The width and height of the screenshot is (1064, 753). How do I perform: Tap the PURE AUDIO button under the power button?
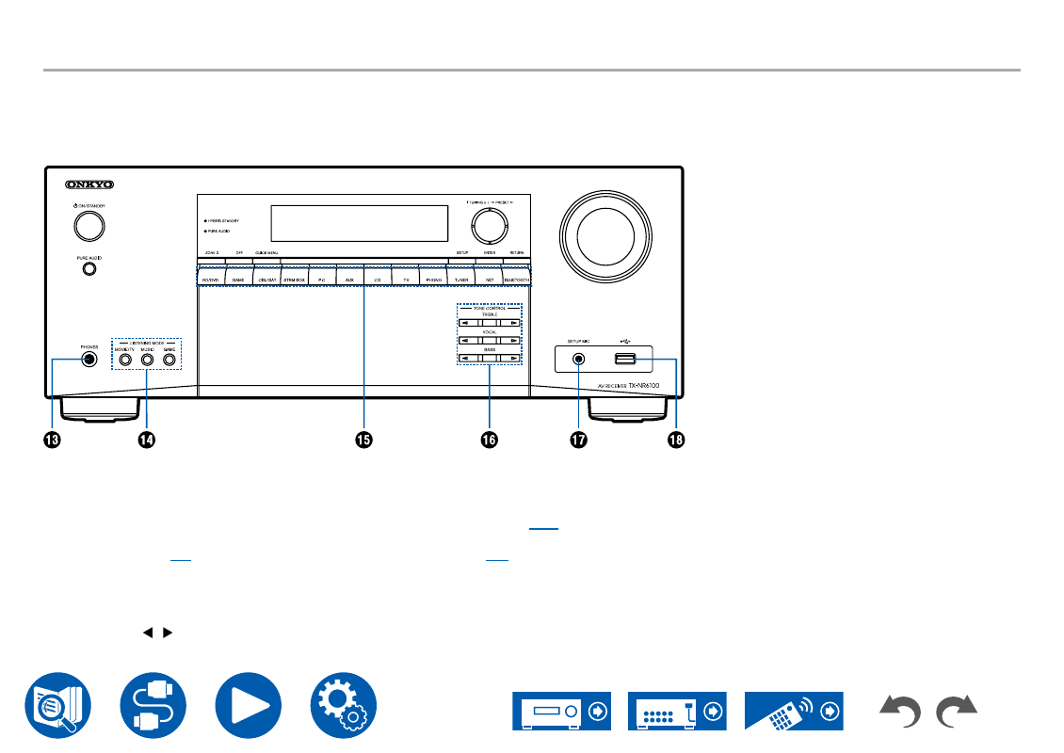coord(89,268)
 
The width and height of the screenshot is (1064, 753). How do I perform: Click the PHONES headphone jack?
coord(89,359)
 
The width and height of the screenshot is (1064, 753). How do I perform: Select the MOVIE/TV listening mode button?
coord(124,359)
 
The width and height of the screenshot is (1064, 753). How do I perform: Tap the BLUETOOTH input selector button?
coord(516,280)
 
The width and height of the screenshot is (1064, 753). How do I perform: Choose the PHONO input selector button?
coord(433,280)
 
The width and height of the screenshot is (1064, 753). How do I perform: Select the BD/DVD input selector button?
coord(212,280)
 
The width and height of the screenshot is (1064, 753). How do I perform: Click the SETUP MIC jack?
coord(578,359)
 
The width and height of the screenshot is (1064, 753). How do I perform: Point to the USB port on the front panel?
coord(625,359)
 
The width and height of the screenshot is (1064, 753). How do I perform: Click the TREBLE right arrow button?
coord(509,323)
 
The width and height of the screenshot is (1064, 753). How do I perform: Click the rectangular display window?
coord(358,223)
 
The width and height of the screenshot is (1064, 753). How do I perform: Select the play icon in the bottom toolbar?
coord(248,703)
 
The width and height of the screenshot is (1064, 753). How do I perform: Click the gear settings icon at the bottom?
coord(344,703)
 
